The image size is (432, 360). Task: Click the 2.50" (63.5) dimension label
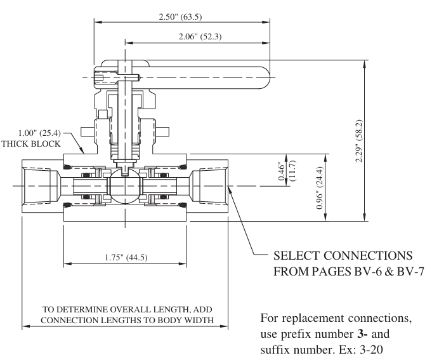[x=180, y=17]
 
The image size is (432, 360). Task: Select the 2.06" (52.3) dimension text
[x=200, y=36]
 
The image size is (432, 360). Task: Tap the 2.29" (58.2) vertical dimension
[x=358, y=141]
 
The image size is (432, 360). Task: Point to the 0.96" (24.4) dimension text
[x=319, y=188]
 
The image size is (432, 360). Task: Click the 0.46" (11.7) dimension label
[x=287, y=171]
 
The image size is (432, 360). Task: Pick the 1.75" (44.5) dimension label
[x=126, y=257]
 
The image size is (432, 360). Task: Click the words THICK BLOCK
[x=31, y=143]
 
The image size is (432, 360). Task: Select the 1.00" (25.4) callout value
[x=39, y=133]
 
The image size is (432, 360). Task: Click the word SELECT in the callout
[x=296, y=255]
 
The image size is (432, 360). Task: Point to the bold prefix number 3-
[x=363, y=334]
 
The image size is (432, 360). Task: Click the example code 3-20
[x=372, y=350]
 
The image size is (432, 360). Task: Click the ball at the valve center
[x=125, y=186]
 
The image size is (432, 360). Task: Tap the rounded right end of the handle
[x=265, y=77]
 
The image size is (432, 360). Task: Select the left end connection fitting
[x=43, y=186]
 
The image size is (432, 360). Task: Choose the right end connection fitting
[x=207, y=186]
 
